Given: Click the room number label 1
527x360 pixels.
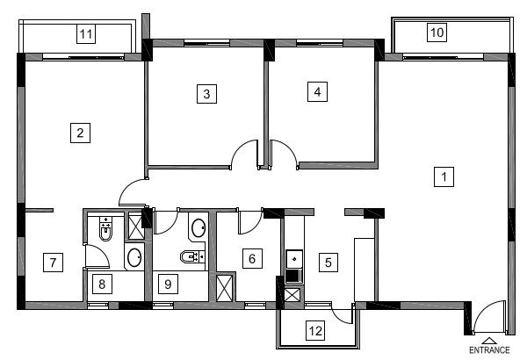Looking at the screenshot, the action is [444, 176].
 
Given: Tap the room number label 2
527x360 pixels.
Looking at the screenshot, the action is [80, 133].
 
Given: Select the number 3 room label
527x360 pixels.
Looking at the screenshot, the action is [206, 93].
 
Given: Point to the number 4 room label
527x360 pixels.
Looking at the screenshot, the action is [317, 91].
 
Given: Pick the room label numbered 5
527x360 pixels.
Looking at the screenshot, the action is [328, 263].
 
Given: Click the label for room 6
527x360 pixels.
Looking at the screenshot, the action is [252, 258].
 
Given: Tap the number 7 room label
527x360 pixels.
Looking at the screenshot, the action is [53, 263].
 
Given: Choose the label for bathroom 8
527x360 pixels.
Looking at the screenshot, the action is [102, 284].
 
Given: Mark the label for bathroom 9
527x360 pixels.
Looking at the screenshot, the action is [168, 284].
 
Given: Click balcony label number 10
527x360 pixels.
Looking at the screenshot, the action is [437, 32].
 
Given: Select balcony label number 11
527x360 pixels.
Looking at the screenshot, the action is [86, 33].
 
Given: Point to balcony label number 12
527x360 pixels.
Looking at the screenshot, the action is [315, 330].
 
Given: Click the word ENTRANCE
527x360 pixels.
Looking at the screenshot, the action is [489, 350].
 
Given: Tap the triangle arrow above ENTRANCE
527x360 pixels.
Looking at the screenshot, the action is [489, 341].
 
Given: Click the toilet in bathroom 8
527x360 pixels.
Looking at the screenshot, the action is [105, 229].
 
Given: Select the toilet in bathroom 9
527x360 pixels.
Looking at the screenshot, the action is [192, 256].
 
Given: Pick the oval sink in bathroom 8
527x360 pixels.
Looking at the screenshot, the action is [134, 258].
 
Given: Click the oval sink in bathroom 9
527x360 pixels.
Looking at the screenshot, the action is [199, 228].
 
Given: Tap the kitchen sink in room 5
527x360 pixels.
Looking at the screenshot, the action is [294, 259].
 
